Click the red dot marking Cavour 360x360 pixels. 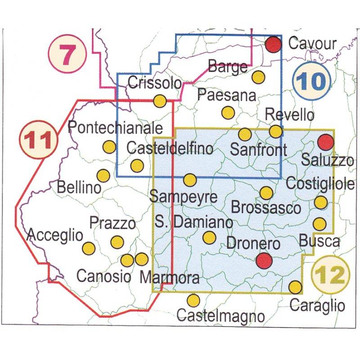click(x=273, y=45)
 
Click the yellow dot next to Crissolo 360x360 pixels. click(x=160, y=101)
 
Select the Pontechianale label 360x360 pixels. click(x=114, y=128)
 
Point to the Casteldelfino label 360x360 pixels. click(x=170, y=148)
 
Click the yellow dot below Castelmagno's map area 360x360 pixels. click(x=193, y=300)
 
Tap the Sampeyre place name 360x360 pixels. click(x=184, y=197)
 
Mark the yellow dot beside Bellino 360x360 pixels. click(x=104, y=175)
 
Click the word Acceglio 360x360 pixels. click(x=55, y=235)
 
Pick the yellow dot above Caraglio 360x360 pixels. click(x=295, y=287)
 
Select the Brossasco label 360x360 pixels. click(x=265, y=208)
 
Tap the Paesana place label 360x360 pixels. click(x=226, y=95)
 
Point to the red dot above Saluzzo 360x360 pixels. click(x=325, y=142)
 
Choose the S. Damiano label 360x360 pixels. click(x=193, y=222)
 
